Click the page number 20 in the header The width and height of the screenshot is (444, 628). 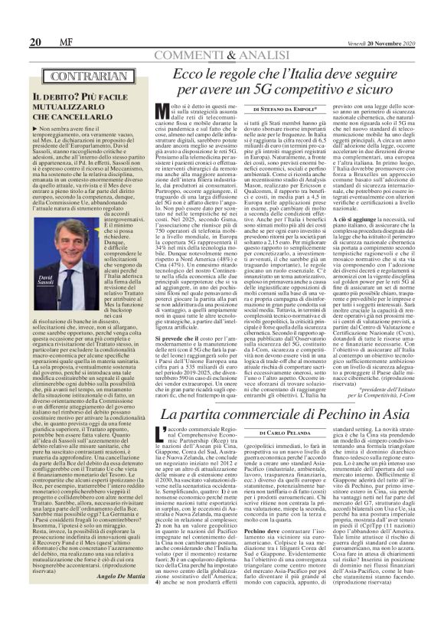[x=14, y=20]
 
